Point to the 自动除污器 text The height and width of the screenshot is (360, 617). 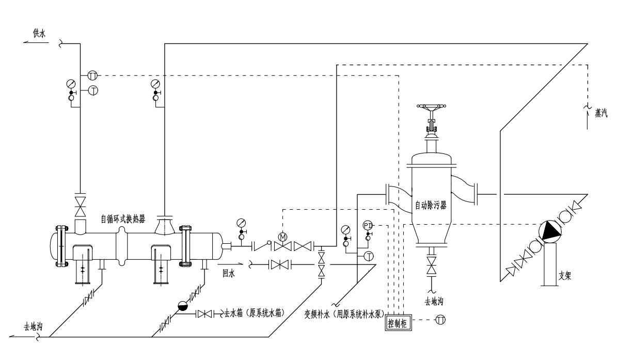(431, 205)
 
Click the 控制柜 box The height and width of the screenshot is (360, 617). (399, 324)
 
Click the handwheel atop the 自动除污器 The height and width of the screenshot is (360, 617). (432, 109)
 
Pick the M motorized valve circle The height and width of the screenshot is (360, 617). (282, 237)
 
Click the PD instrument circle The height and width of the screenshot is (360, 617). (368, 225)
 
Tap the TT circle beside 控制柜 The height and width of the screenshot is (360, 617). (440, 321)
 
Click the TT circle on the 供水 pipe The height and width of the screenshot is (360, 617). (92, 75)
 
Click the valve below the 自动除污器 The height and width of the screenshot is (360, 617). (432, 267)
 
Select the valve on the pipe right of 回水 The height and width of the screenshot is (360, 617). (279, 265)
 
